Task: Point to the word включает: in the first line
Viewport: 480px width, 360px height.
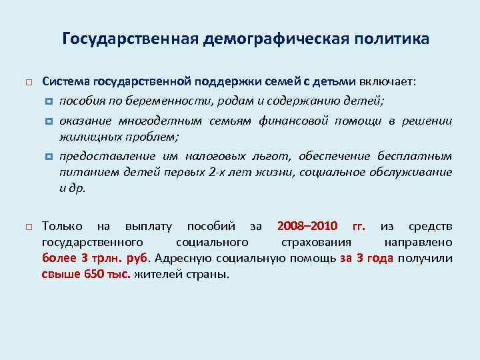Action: click(387, 81)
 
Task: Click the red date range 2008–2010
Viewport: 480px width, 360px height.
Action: click(307, 226)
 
